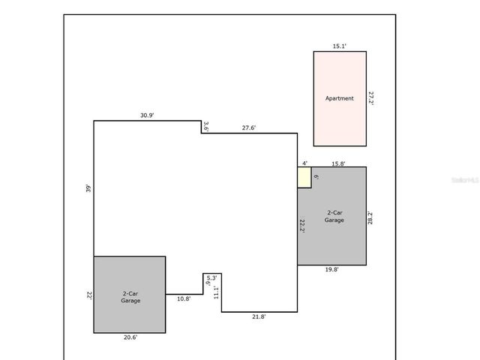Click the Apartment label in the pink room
tap(339, 98)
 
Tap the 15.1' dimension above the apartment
tap(339, 46)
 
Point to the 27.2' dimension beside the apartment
tap(370, 98)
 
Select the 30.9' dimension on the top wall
tap(147, 115)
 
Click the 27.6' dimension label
tap(249, 127)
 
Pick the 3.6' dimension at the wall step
tap(206, 127)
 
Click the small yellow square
tap(304, 178)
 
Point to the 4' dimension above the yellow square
tap(304, 163)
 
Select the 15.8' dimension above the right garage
tap(338, 163)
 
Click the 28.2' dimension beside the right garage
tap(370, 217)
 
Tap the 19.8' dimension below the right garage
tap(331, 270)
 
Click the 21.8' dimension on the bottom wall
tap(258, 317)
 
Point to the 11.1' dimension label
tap(216, 292)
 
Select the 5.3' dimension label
tap(211, 278)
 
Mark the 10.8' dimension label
tap(184, 298)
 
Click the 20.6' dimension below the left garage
tap(130, 337)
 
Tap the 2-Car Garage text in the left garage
tap(130, 296)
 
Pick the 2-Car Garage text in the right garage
tap(334, 217)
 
